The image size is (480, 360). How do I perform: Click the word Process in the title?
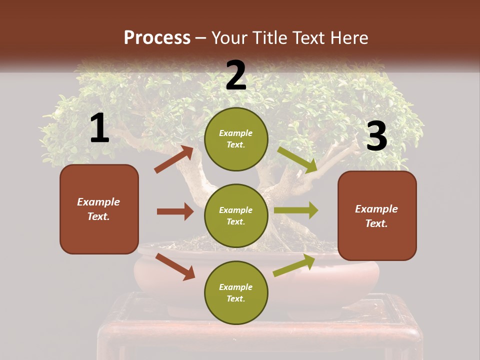click(x=157, y=38)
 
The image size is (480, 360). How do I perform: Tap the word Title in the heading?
click(x=270, y=38)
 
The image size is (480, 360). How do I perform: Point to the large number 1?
click(x=99, y=128)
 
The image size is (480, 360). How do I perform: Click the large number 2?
click(x=236, y=75)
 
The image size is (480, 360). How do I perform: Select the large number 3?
click(x=376, y=136)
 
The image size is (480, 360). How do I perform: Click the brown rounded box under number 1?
click(x=99, y=209)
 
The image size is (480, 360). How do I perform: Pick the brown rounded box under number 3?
click(x=377, y=215)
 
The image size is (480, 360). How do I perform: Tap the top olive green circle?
click(x=236, y=139)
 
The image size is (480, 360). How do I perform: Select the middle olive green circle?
click(x=236, y=215)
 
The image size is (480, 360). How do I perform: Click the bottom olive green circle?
click(x=236, y=292)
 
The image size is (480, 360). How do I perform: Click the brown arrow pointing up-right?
click(x=174, y=159)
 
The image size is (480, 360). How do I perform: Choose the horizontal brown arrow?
click(x=175, y=211)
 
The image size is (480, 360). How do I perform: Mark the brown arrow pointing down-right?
click(x=175, y=266)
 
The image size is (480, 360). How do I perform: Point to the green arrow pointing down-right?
click(x=297, y=160)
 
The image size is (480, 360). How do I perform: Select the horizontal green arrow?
click(x=296, y=210)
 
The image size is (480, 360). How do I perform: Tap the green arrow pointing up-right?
click(x=294, y=265)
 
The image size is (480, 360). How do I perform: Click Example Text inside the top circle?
click(x=236, y=139)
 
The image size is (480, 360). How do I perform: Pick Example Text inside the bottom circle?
click(x=236, y=292)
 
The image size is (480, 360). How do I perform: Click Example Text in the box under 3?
click(x=376, y=216)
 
